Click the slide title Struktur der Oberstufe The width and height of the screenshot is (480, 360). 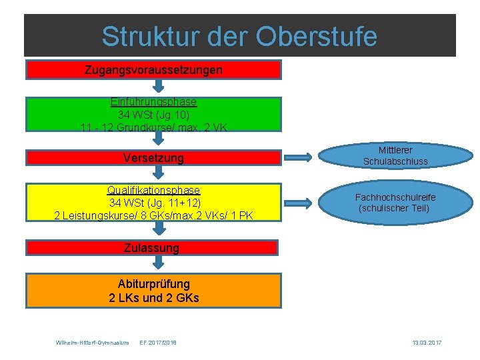239,36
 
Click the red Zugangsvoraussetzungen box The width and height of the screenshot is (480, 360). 153,69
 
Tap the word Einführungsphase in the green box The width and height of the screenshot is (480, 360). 153,102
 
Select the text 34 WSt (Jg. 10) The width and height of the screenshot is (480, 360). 153,114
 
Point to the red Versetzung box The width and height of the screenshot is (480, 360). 153,158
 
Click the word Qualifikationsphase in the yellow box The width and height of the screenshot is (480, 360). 153,191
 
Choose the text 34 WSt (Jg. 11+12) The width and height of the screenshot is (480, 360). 153,203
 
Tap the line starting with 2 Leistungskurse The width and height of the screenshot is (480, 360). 153,215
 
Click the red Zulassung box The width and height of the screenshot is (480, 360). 151,248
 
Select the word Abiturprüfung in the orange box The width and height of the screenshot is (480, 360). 153,283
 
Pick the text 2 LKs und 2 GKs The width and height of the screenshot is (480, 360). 153,297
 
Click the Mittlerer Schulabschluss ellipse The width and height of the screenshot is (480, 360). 395,156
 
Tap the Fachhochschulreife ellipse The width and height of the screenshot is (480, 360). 395,203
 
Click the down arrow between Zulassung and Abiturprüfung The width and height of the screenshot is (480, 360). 158,263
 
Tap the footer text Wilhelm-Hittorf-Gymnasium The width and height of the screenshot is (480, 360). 92,343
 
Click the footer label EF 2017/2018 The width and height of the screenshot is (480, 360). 159,343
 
